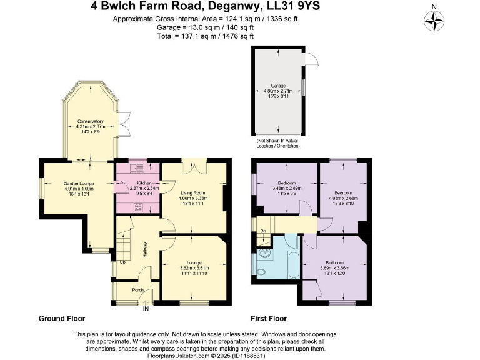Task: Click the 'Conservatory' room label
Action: coord(90,121)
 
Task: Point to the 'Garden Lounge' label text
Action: coord(79,183)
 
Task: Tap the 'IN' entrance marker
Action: coord(146,309)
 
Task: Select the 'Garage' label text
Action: coord(278,85)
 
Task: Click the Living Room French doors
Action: coord(193,167)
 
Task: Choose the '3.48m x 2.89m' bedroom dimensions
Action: coord(287,188)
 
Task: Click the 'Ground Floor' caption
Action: coord(62,318)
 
